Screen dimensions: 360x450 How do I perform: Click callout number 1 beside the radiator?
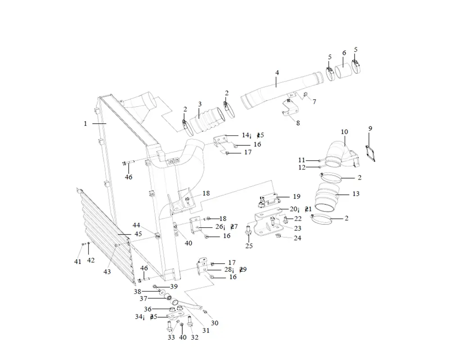[x=85, y=123]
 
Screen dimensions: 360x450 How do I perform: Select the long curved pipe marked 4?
[x=279, y=90]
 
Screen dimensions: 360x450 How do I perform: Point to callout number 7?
[x=314, y=102]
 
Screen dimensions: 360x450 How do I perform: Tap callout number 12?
[x=301, y=167]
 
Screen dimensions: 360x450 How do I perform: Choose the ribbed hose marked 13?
[x=328, y=198]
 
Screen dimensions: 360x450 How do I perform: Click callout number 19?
[x=296, y=196]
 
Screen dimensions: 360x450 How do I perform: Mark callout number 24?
[x=297, y=238]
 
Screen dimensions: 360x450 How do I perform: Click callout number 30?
[x=215, y=323]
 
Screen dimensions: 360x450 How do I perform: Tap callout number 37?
[x=143, y=298]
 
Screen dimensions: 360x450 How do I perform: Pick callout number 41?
[x=78, y=261]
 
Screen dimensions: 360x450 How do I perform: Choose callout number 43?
[x=107, y=272]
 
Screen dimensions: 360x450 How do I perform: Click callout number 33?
[x=171, y=337]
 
